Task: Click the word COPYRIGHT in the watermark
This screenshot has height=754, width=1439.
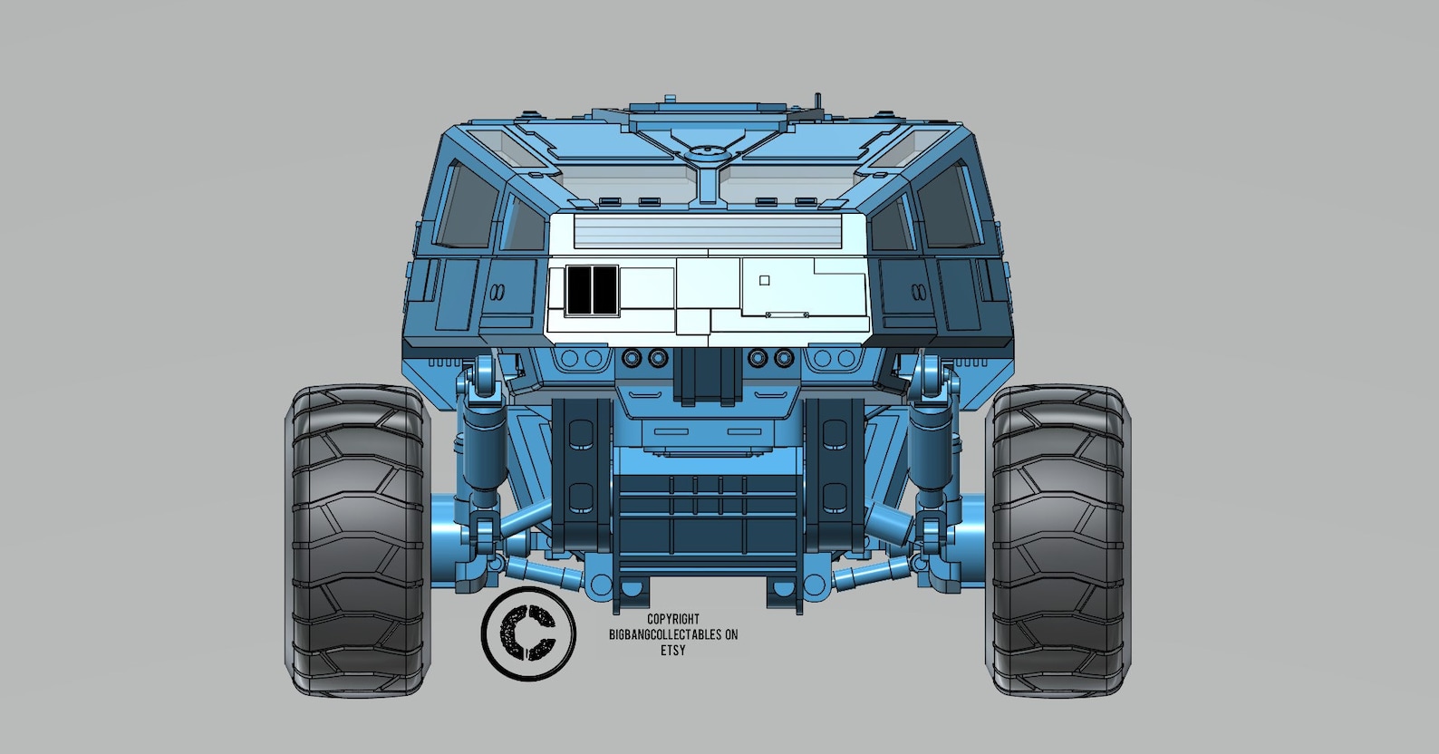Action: pos(672,620)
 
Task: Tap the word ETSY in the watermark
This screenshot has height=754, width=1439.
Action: pos(672,651)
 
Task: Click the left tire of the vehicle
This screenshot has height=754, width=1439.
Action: pos(357,541)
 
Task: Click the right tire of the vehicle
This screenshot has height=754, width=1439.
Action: pos(1058,541)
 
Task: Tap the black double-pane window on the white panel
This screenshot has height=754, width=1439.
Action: pos(591,290)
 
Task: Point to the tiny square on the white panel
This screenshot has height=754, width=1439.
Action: pos(764,281)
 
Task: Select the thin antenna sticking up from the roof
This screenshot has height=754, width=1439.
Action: pos(818,100)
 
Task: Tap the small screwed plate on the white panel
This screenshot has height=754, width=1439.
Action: pos(787,314)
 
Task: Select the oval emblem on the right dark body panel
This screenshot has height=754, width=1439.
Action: pos(917,293)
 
